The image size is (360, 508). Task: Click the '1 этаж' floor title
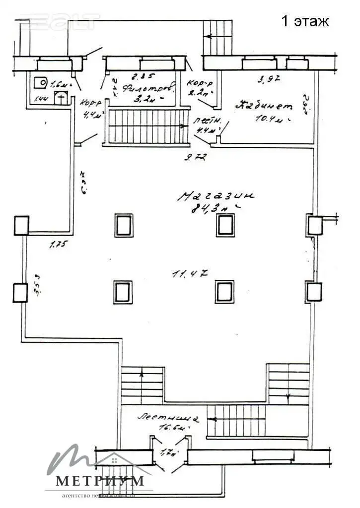click(x=305, y=21)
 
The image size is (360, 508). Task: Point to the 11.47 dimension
click(x=190, y=273)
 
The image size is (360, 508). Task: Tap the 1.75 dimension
click(x=58, y=244)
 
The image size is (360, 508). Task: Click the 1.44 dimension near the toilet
click(x=42, y=100)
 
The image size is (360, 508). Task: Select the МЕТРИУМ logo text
click(x=100, y=481)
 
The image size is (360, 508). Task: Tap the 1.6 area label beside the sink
click(x=59, y=83)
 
